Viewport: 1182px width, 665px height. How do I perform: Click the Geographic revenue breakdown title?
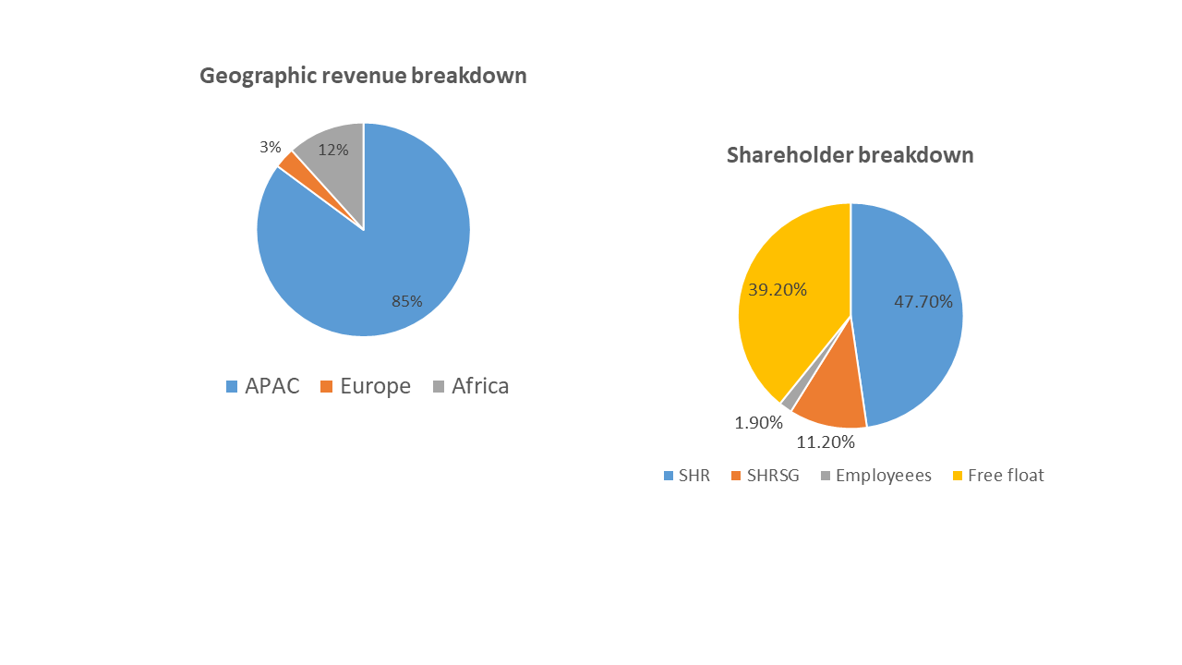tap(363, 76)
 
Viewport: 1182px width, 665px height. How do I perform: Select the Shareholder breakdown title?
tap(850, 155)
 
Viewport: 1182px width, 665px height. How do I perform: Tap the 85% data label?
tap(407, 301)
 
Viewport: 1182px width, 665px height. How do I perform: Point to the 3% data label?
tap(271, 147)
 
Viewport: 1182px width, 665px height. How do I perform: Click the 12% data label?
tap(333, 151)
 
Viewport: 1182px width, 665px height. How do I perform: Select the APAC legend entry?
tap(263, 386)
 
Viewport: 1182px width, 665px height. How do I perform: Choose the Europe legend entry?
tap(366, 386)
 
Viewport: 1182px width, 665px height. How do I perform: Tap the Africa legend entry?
tap(471, 386)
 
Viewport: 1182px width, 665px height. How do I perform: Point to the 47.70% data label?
tap(923, 302)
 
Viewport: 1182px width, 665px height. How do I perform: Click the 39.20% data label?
tap(778, 290)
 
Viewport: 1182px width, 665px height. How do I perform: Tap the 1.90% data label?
tap(759, 423)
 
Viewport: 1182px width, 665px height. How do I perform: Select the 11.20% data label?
tap(826, 442)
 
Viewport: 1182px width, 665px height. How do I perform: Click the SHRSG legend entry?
tap(766, 476)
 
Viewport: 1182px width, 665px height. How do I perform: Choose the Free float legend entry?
tap(998, 476)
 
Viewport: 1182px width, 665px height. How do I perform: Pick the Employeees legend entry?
tap(876, 476)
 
